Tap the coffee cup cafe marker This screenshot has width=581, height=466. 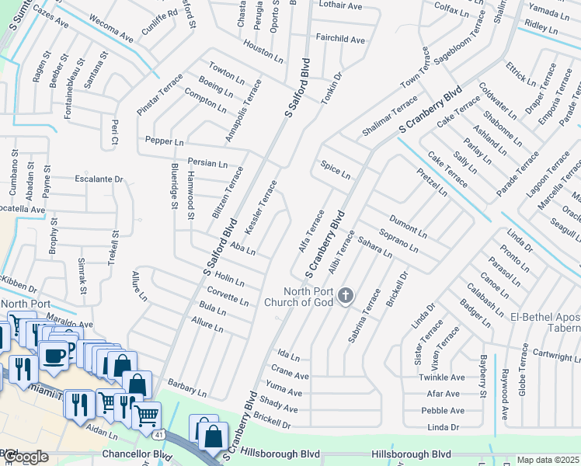click(54, 356)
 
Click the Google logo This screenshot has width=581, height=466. click(25, 457)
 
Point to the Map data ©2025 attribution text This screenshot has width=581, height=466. click(548, 460)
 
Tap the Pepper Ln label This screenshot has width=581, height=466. click(164, 142)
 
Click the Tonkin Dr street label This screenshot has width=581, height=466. click(332, 89)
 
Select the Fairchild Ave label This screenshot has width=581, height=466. click(339, 39)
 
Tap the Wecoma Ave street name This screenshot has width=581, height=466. click(110, 28)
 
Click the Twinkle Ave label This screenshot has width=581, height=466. click(441, 377)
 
